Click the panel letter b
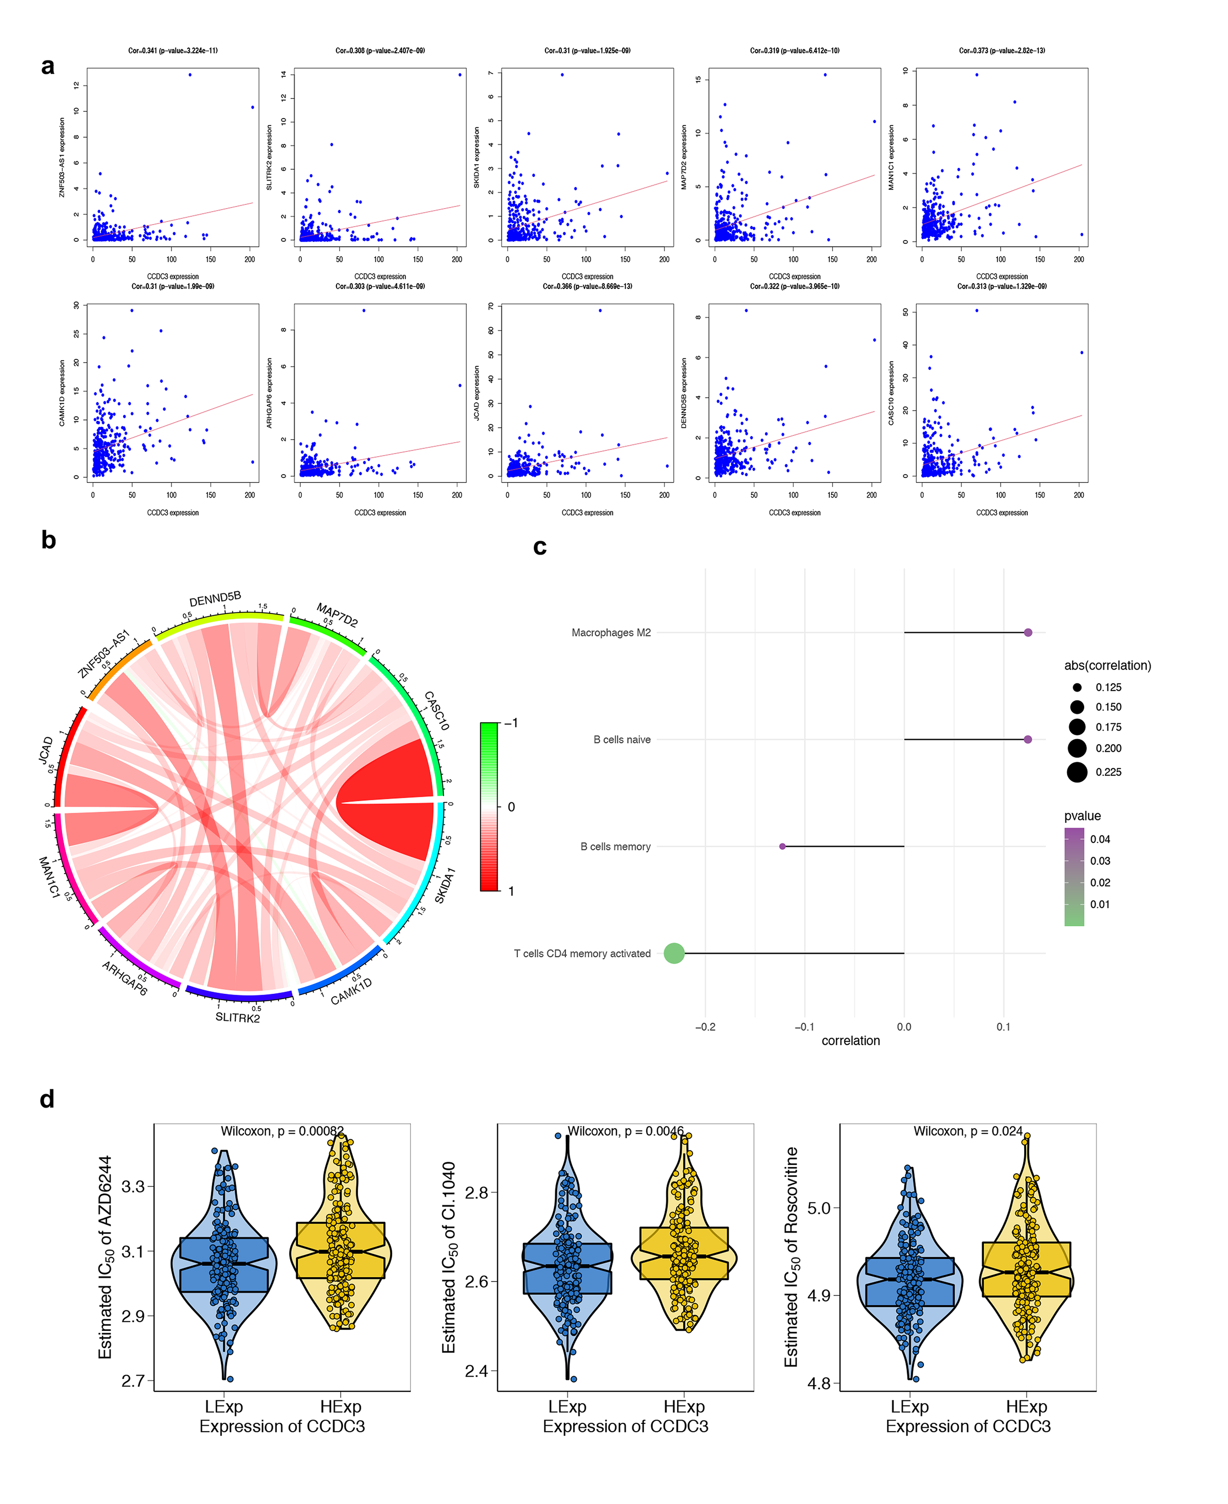[48, 540]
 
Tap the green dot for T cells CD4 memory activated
[674, 953]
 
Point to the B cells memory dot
[782, 846]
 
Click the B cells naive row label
[622, 740]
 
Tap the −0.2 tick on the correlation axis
[705, 1027]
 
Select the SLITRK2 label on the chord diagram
[238, 1017]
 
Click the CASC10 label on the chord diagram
[436, 711]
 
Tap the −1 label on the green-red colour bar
[511, 723]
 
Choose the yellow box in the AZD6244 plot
[340, 1250]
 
